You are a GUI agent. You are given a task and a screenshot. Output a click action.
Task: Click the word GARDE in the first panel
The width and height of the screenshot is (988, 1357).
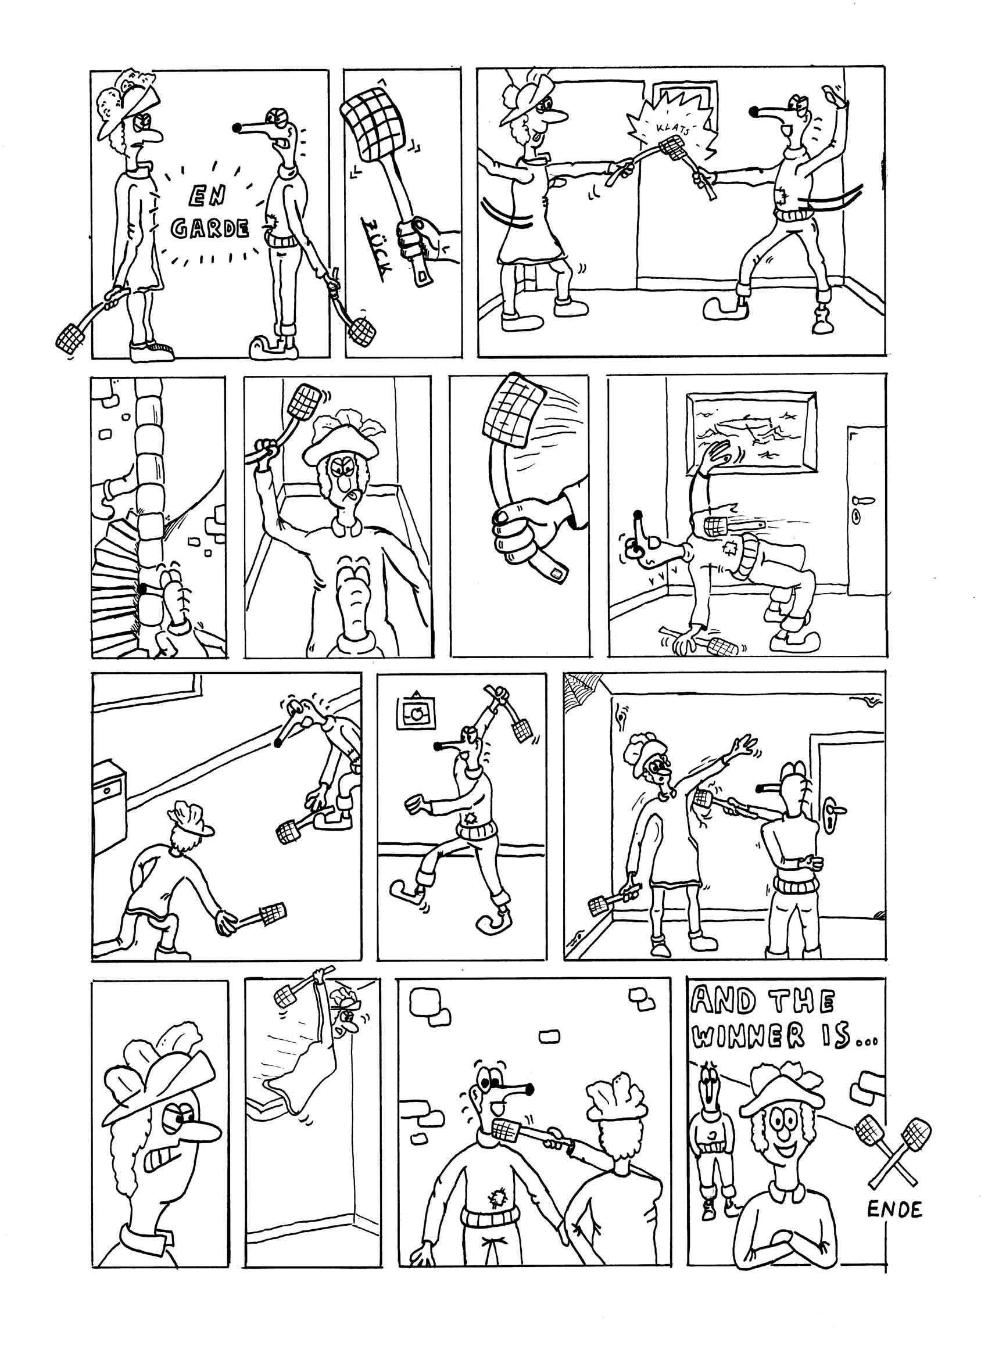209,228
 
